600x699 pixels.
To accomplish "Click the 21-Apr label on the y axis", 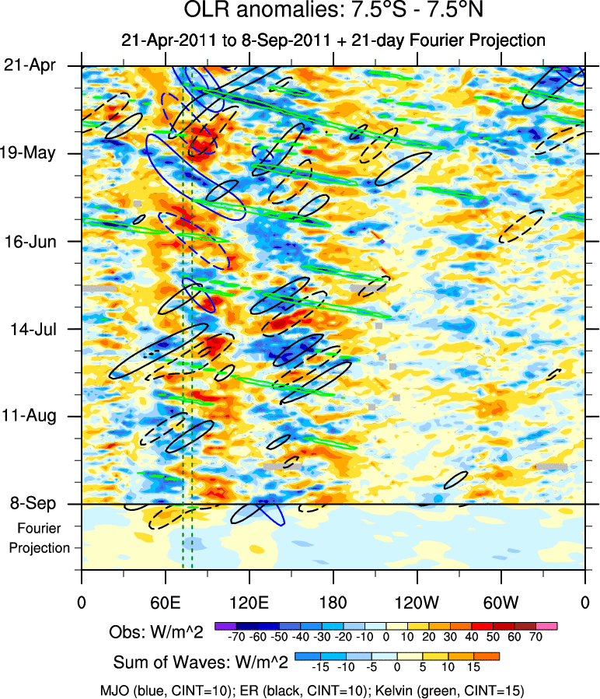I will [30, 66].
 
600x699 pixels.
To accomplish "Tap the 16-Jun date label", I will [30, 241].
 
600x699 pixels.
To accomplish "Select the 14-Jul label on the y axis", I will [31, 328].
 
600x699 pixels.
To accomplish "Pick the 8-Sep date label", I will [31, 503].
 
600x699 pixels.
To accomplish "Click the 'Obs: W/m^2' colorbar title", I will [155, 632].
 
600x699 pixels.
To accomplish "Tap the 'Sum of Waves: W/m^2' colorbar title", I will [201, 662].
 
